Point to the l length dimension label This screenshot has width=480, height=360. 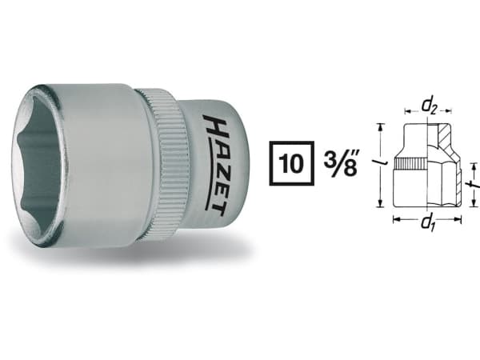pos(383,164)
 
